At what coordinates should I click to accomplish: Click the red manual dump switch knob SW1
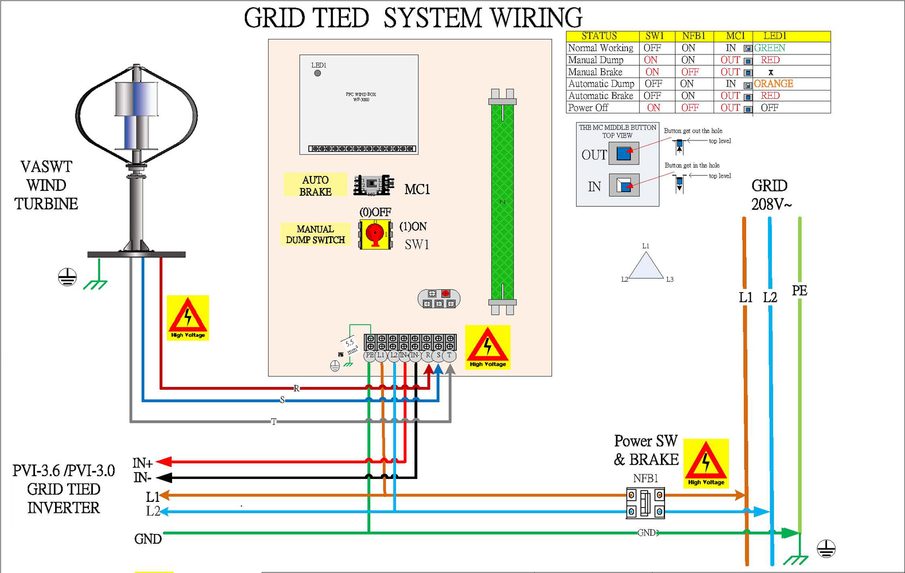(x=375, y=234)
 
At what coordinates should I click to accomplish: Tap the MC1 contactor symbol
(x=373, y=185)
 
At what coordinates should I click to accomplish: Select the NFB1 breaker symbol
(x=645, y=503)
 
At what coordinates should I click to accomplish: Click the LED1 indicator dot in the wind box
(x=318, y=73)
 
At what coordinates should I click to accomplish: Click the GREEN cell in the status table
(x=770, y=48)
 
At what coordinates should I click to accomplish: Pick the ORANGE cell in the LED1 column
(x=773, y=84)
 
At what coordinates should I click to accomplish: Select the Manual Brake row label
(x=595, y=72)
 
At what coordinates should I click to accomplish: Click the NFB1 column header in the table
(x=694, y=36)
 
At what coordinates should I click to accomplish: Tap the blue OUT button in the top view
(x=624, y=154)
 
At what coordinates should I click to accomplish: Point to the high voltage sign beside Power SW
(x=706, y=463)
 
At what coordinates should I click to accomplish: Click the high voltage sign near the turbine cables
(x=188, y=317)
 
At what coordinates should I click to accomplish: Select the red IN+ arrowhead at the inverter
(x=164, y=461)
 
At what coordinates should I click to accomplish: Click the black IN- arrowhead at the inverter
(x=164, y=477)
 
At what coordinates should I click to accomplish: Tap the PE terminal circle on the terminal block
(x=370, y=356)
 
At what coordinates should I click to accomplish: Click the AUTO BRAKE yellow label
(x=315, y=185)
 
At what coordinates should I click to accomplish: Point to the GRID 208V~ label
(x=770, y=195)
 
